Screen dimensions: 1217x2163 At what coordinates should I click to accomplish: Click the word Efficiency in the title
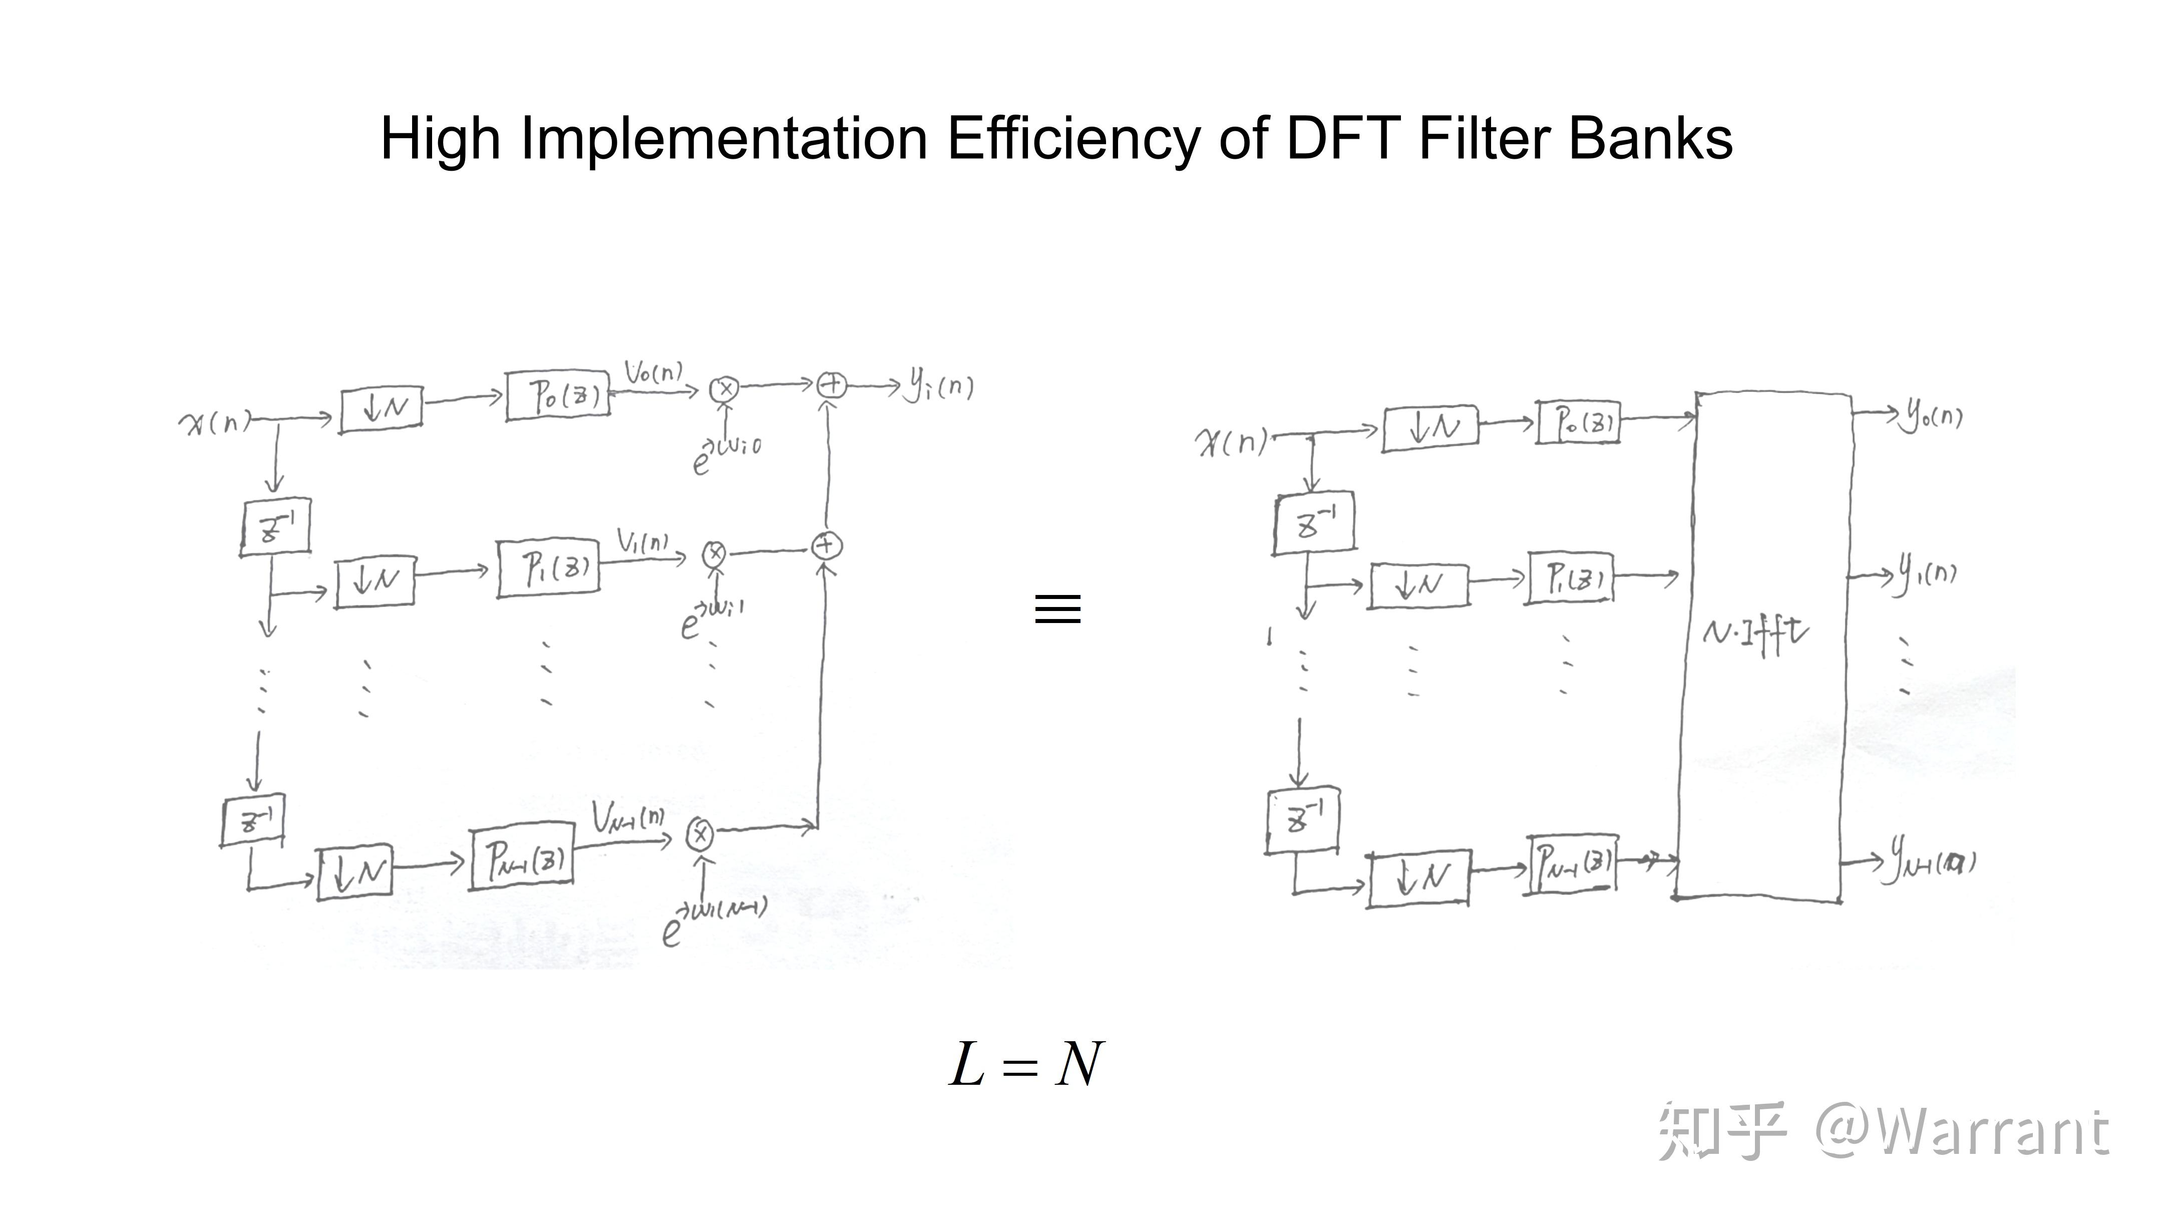tap(1072, 139)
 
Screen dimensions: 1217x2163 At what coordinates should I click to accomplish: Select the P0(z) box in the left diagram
tap(558, 395)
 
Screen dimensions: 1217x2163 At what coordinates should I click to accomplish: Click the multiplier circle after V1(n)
tap(714, 553)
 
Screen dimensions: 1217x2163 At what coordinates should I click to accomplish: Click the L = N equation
tap(1026, 1065)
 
